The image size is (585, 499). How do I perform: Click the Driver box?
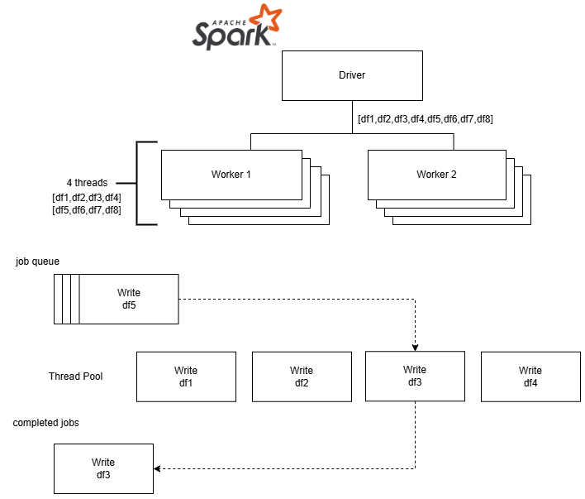click(352, 75)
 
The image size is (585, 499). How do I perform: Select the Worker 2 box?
click(435, 175)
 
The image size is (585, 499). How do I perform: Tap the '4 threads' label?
click(87, 182)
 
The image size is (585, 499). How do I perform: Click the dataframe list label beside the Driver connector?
click(426, 119)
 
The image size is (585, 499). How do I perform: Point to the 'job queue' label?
click(37, 261)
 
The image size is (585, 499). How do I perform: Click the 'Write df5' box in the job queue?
click(129, 299)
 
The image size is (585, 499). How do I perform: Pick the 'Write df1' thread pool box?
click(186, 377)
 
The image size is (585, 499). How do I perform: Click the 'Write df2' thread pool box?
click(302, 377)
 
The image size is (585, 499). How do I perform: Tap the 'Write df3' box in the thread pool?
click(415, 376)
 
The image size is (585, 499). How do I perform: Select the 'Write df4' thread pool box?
click(530, 377)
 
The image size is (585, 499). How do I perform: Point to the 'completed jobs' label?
click(46, 423)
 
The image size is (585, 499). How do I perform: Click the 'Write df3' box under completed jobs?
click(103, 468)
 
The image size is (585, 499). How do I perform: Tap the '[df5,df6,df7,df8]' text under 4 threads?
click(87, 210)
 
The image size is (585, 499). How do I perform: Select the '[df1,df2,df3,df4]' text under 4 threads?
click(87, 197)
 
